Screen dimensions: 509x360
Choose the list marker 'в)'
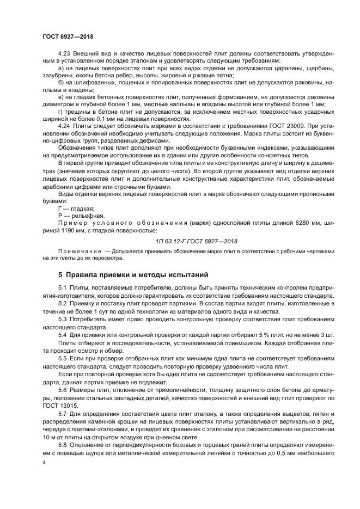pos(62,96)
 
